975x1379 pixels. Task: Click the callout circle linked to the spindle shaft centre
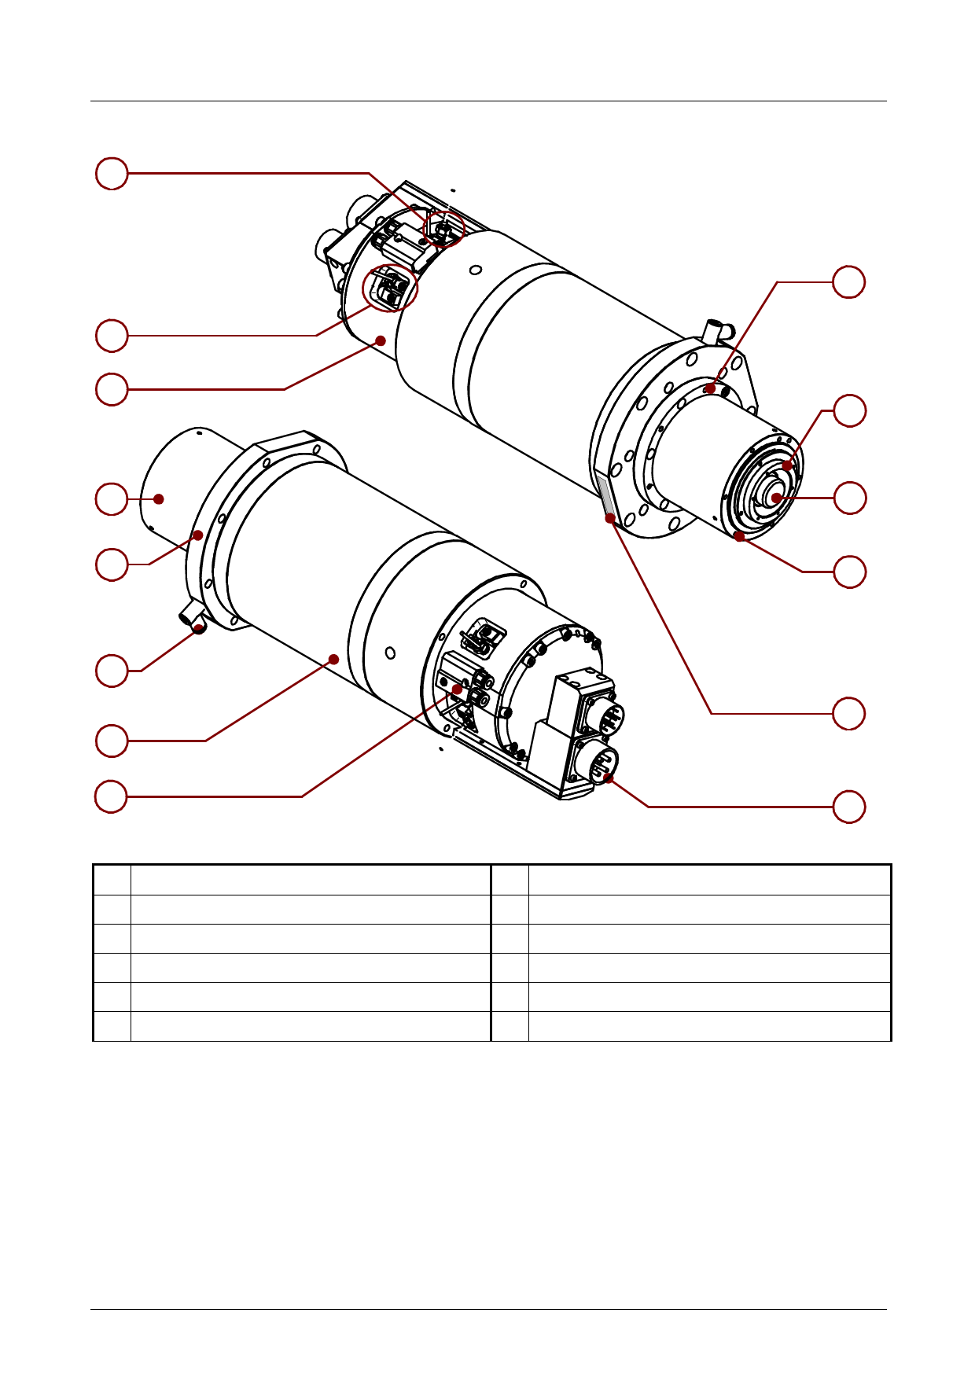point(849,498)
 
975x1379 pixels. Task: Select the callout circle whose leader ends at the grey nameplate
point(849,713)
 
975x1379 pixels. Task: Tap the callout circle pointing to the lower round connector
point(849,807)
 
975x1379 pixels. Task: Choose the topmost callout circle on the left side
point(112,173)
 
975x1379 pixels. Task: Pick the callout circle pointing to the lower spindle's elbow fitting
point(112,671)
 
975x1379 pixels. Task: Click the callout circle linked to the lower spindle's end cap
point(112,498)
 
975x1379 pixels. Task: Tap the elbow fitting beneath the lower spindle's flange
point(193,616)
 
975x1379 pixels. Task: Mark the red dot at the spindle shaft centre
point(776,498)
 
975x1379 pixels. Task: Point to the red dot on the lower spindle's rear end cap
point(159,498)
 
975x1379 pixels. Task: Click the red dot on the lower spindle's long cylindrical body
point(334,659)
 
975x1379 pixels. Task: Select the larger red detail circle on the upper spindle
point(390,288)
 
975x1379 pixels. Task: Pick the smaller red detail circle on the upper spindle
point(444,229)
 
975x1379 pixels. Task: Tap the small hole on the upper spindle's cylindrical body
point(475,270)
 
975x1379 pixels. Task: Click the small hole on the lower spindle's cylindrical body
point(391,652)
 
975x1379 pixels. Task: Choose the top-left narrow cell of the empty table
point(112,880)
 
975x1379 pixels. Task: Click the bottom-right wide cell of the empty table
point(709,1026)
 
